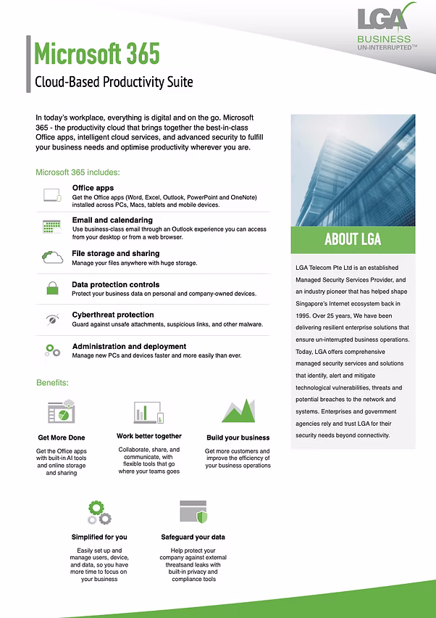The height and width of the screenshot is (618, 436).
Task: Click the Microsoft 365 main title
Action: [97, 54]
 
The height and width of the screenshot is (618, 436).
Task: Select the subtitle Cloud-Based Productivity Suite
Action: [114, 81]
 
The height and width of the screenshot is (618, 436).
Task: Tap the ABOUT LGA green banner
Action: [353, 239]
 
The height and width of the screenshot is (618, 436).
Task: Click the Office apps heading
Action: [93, 188]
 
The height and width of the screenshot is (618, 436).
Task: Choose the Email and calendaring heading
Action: [112, 220]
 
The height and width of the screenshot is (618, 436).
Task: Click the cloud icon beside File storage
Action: [52, 257]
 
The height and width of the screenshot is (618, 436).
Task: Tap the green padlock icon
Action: [52, 288]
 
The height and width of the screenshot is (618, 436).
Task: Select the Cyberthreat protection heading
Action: [113, 315]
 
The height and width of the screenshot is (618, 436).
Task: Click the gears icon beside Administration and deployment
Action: [52, 350]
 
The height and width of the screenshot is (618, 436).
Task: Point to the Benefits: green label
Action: [52, 382]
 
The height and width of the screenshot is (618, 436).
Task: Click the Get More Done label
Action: [62, 437]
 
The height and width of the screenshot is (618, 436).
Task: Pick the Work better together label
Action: [149, 436]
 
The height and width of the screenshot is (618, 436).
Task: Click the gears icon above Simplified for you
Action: [98, 511]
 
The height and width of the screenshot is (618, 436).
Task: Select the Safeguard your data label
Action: [193, 537]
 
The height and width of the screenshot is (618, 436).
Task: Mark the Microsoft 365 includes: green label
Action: [77, 172]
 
